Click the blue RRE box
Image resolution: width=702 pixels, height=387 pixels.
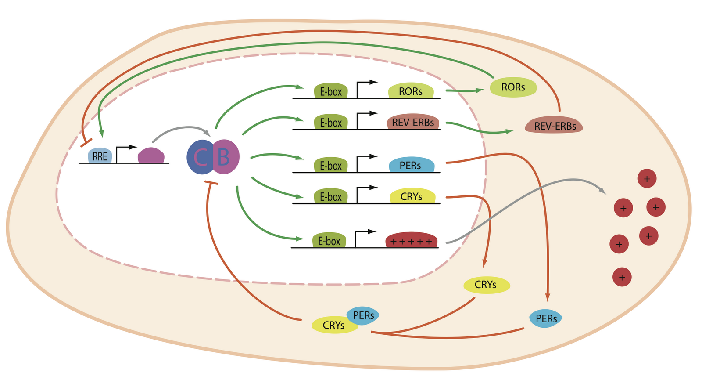pos(100,156)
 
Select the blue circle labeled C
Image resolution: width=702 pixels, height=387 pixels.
pos(200,157)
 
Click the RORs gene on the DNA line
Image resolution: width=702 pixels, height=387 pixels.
pos(411,91)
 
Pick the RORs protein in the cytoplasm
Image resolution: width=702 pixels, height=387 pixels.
pos(513,87)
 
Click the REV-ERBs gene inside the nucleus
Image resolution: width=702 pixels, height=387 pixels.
pos(413,122)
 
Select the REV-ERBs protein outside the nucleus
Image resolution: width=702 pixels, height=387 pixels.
pos(554,126)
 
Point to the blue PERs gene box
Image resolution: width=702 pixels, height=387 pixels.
pos(411,165)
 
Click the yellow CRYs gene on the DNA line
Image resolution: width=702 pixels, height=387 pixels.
pos(412,196)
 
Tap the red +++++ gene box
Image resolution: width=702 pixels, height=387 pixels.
pos(411,240)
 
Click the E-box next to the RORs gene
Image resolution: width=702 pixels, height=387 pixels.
pos(331,91)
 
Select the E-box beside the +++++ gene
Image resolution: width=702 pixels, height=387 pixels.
pos(329,241)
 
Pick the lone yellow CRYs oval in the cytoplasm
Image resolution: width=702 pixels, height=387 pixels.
pos(486,285)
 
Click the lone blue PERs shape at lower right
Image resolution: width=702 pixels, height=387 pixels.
pos(546,318)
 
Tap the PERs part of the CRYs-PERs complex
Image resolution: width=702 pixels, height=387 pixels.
pos(363,315)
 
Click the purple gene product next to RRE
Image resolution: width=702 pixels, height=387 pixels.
pos(151,156)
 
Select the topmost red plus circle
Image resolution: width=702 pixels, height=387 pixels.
pos(647,179)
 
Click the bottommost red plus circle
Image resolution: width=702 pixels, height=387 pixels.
pos(622,277)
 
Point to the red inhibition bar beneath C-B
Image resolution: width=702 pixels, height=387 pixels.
pos(211,183)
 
